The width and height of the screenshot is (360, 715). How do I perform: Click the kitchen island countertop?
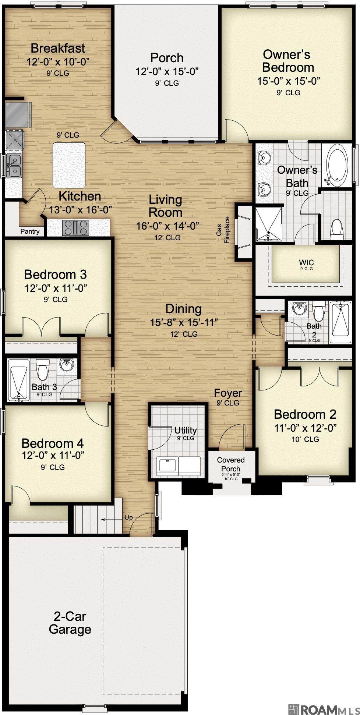point(69,165)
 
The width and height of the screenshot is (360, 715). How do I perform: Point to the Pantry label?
point(30,231)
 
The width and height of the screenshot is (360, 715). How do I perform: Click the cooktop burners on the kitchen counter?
point(75,227)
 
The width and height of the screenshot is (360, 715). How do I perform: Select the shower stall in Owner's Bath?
point(269,224)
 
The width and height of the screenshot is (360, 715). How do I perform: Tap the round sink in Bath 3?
point(67,365)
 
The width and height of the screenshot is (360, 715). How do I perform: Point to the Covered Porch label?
point(231,464)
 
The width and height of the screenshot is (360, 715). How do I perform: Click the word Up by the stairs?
point(128,517)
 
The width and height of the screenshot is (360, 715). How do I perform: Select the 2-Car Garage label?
point(70,623)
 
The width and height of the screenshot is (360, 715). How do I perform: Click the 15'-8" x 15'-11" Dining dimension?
point(184,322)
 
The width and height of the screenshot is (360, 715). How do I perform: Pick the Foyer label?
point(228,393)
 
